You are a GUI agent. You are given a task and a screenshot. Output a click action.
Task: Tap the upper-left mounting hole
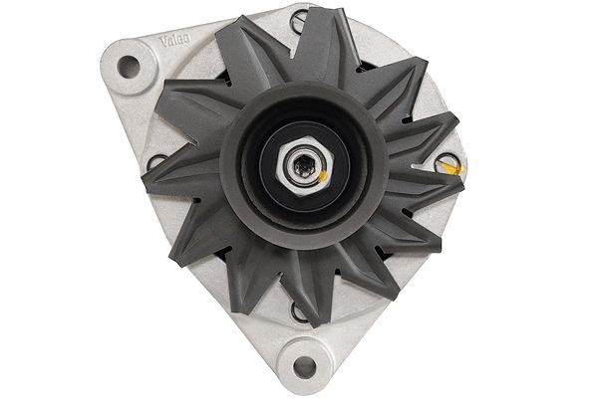pyautogui.click(x=128, y=67)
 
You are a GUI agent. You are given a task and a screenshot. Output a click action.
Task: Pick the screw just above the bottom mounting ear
pyautogui.click(x=298, y=311)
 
